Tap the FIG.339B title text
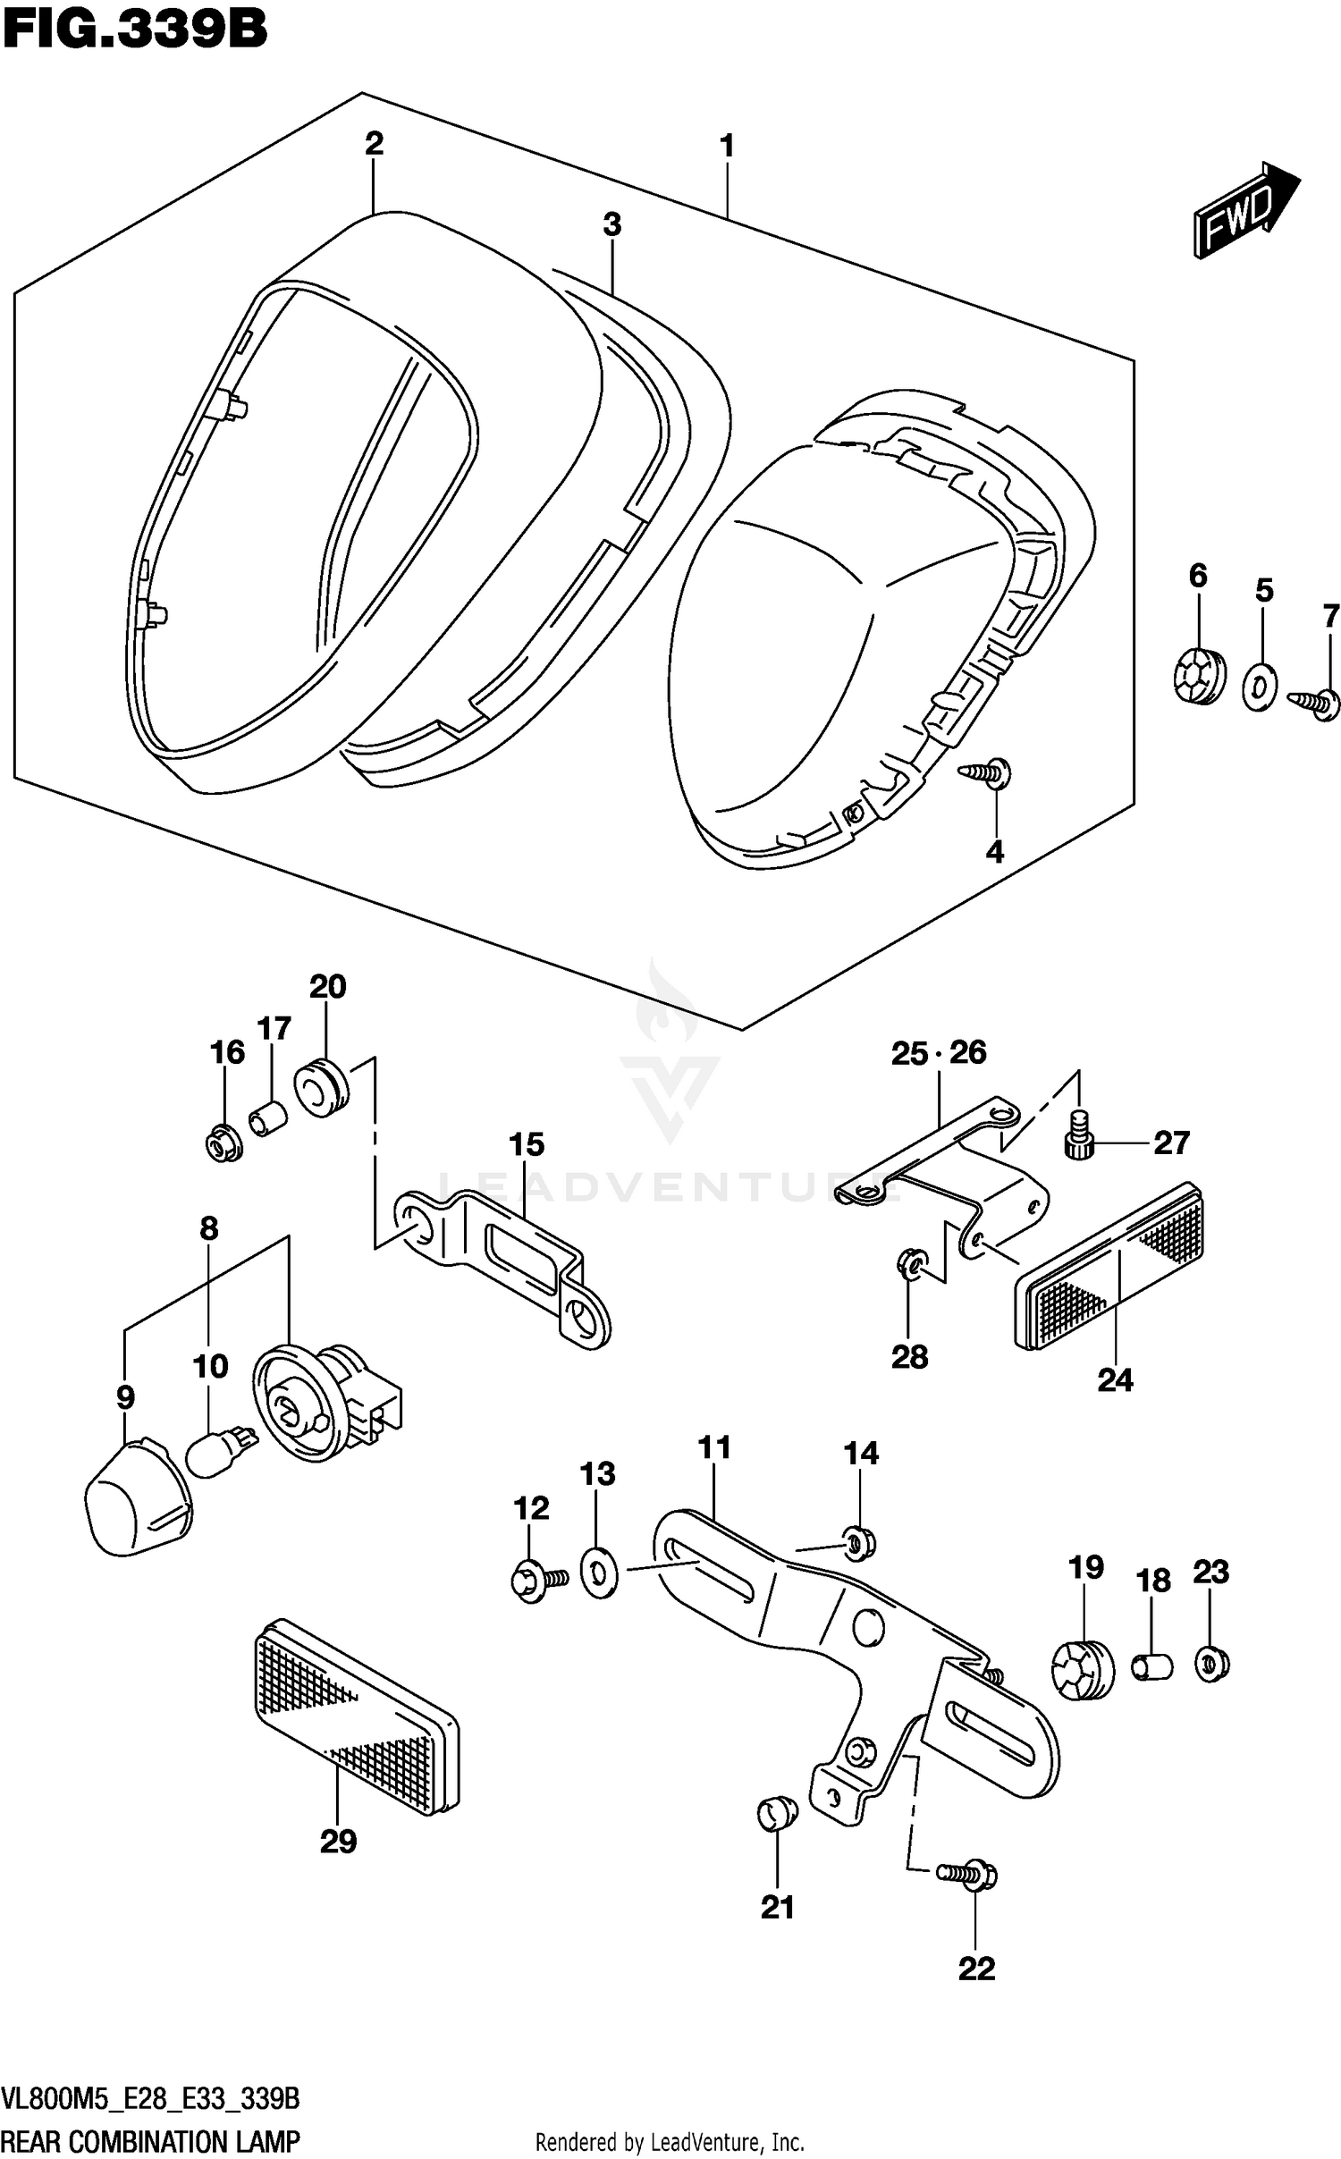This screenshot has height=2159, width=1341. pos(134,29)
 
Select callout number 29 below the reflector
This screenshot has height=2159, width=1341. pos(338,1842)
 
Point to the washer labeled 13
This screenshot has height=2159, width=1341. pos(598,1573)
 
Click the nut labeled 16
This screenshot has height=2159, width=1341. pos(223,1143)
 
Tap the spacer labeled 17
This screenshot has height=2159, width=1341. pos(267,1117)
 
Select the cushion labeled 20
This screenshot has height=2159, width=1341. pos(322,1087)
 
